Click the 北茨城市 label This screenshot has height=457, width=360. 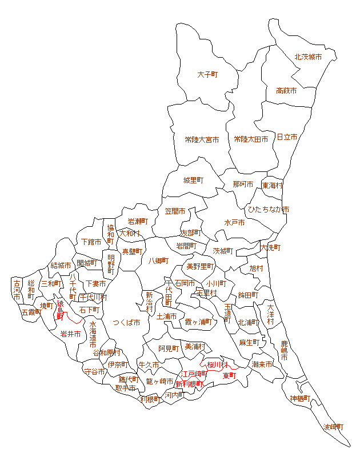pos(308,57)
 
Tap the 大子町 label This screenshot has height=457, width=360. pos(209,75)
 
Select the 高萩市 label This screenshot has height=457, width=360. pos(286,90)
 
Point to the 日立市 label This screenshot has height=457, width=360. pos(287,137)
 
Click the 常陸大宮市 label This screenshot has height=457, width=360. pos(202,139)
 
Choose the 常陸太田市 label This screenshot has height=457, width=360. pos(251,139)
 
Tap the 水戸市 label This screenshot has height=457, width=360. pos(235,222)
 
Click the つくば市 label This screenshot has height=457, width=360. pos(126,322)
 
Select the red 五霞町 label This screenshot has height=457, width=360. pos(31,312)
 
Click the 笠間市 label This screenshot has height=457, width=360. pos(175,211)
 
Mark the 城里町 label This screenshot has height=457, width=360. pos(193,181)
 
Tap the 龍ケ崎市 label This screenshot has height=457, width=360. pos(159,381)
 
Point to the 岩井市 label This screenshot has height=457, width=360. pos(71,334)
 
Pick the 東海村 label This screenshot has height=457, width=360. pos(273,186)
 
